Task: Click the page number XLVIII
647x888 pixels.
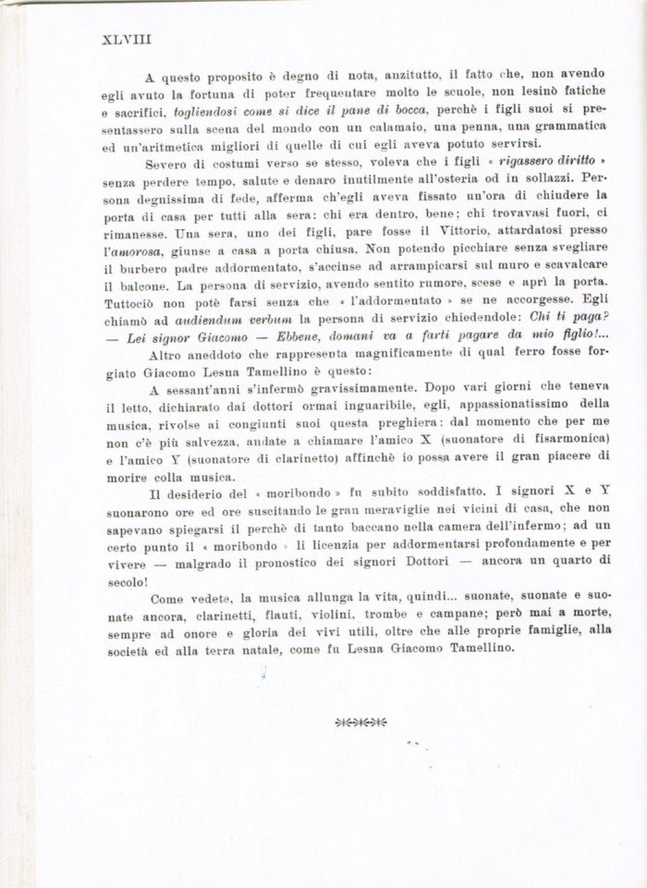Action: click(126, 40)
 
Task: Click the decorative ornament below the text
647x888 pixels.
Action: click(361, 722)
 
